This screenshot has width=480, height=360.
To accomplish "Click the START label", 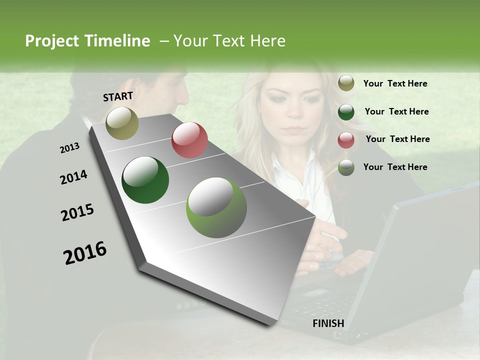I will coord(118,96).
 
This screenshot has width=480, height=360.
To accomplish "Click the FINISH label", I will coord(328,323).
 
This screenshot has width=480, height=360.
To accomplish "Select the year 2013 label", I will coord(70,148).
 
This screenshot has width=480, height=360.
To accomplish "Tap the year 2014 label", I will coord(74,177).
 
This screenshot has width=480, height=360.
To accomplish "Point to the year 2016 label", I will coord(85,253).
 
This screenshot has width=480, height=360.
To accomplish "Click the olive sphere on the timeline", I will coord(122,123).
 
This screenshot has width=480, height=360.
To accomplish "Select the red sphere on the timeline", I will coord(189,140).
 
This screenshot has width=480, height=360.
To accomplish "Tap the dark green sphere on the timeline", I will coord(145,180).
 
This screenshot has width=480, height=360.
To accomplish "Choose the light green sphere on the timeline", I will coord(216,207).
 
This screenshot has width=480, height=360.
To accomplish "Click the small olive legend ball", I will coord(346,83).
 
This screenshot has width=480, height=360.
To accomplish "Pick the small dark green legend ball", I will coord(346,112).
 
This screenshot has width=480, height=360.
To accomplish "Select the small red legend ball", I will coord(346,140).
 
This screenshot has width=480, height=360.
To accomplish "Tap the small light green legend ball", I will coord(346,167).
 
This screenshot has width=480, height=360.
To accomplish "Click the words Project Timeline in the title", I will coord(87,41).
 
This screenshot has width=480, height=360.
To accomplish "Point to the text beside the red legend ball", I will coord(397,139).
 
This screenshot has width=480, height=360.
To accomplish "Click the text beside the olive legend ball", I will coord(395,83).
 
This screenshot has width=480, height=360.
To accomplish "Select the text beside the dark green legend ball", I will coord(396,111).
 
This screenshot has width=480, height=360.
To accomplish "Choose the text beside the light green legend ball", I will coord(395,167).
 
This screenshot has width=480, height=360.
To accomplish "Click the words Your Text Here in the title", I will coord(229,41).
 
